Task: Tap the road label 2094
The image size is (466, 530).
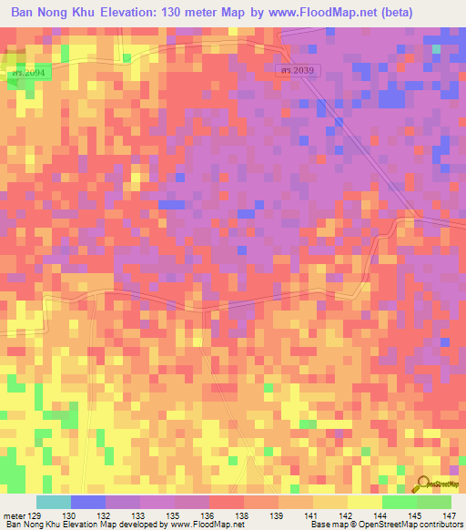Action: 25,70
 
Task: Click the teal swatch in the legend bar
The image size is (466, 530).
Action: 53,502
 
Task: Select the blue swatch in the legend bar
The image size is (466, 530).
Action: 87,502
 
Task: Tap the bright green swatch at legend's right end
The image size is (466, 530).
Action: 434,502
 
